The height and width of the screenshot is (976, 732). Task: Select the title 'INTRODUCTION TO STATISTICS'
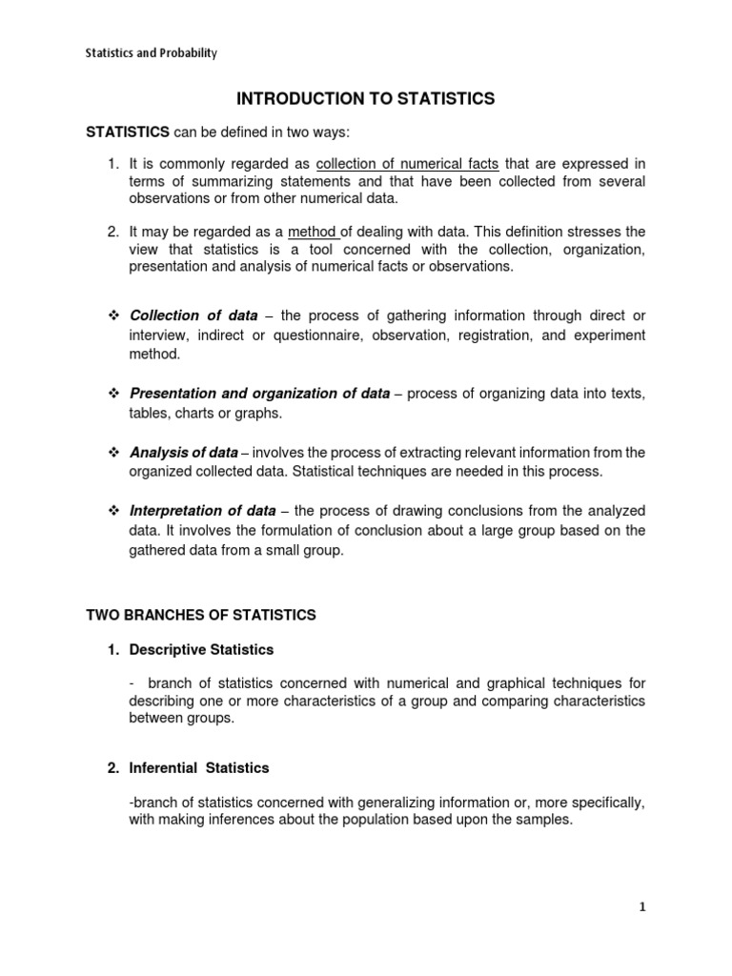click(x=365, y=98)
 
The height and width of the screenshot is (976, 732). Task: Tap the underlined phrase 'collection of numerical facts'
click(x=407, y=164)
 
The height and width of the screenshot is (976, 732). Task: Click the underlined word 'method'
click(x=313, y=232)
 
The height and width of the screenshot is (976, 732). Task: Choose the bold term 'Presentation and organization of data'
click(x=259, y=394)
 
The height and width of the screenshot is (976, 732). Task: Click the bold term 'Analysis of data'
click(x=184, y=452)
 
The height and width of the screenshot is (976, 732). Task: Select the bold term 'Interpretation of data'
click(x=203, y=511)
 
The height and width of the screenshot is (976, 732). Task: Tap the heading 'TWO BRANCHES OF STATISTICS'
click(x=202, y=616)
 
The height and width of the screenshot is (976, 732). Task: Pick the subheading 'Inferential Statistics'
click(x=199, y=767)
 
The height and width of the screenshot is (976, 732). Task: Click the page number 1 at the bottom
click(x=642, y=907)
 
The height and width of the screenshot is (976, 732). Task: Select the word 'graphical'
click(x=502, y=682)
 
